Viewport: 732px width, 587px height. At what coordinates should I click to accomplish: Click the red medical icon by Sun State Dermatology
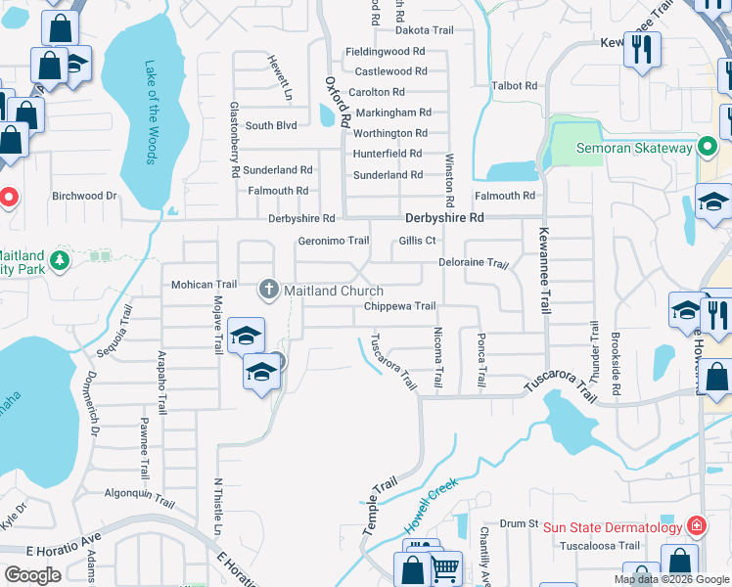(696, 526)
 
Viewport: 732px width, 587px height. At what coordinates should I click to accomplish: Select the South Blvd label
(271, 126)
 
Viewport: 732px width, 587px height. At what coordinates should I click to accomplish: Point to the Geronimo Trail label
(333, 241)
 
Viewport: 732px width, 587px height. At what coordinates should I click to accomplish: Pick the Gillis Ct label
(417, 241)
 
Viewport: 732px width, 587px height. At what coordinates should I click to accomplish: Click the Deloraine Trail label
(474, 264)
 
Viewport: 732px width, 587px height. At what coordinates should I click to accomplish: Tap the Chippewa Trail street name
(399, 306)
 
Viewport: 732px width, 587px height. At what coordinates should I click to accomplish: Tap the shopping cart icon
(445, 567)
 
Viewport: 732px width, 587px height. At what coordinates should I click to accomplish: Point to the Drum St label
(520, 524)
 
